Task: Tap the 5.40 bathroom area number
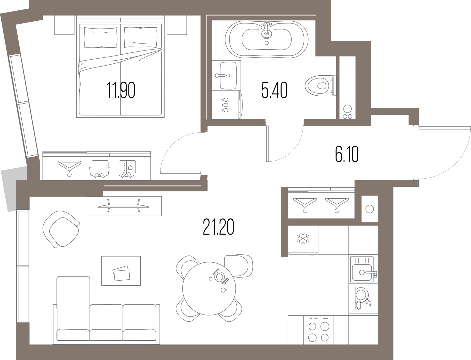[274, 90]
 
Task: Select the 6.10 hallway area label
[347, 155]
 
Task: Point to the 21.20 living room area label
[218, 227]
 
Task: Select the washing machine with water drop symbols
[227, 105]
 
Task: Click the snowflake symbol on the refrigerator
[303, 238]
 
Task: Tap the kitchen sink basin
[362, 272]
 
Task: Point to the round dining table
[209, 288]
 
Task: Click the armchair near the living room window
[61, 229]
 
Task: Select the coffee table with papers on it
[121, 271]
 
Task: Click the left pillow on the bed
[101, 38]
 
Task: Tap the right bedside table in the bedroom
[177, 25]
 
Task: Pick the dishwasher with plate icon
[363, 298]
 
